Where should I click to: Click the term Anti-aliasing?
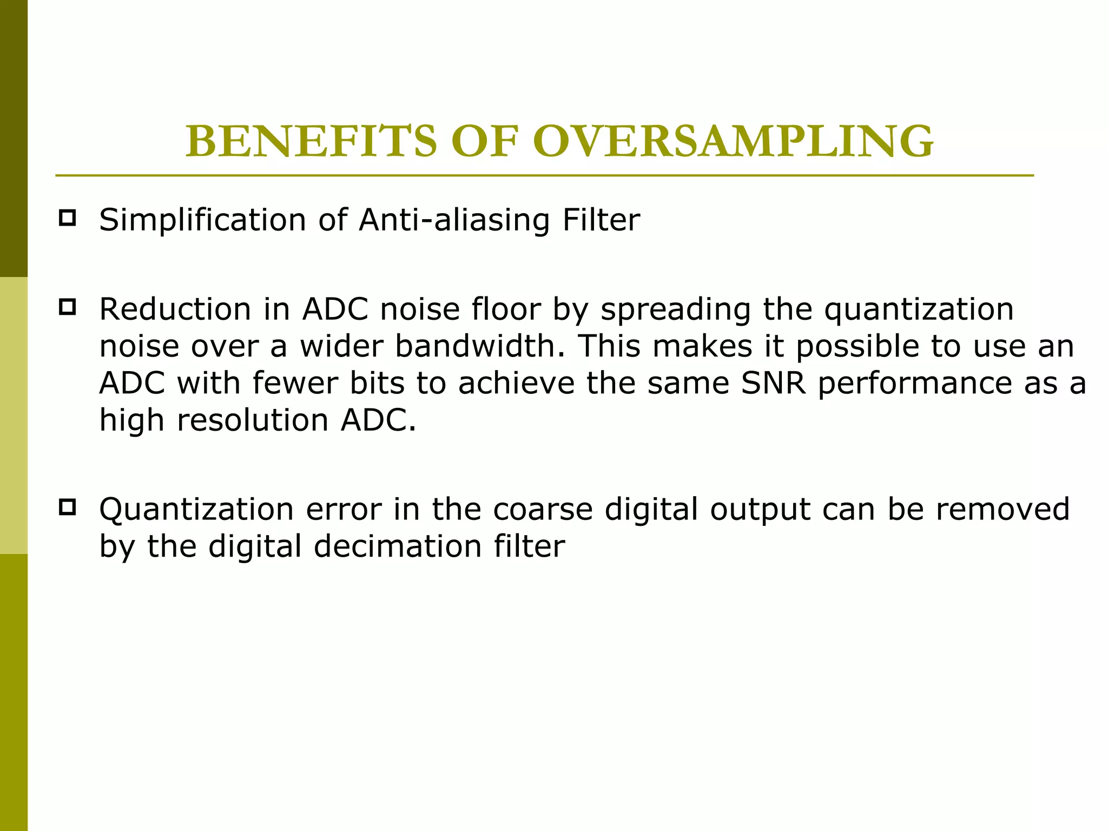coord(454,220)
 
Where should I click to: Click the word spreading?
coord(676,311)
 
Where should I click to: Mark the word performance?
coord(915,384)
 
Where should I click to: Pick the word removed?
coord(1003,510)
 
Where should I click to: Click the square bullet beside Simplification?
coord(67,218)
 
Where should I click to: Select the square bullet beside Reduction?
coord(67,307)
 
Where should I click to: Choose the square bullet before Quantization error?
coord(67,507)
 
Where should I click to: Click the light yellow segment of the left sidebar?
coord(14,415)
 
